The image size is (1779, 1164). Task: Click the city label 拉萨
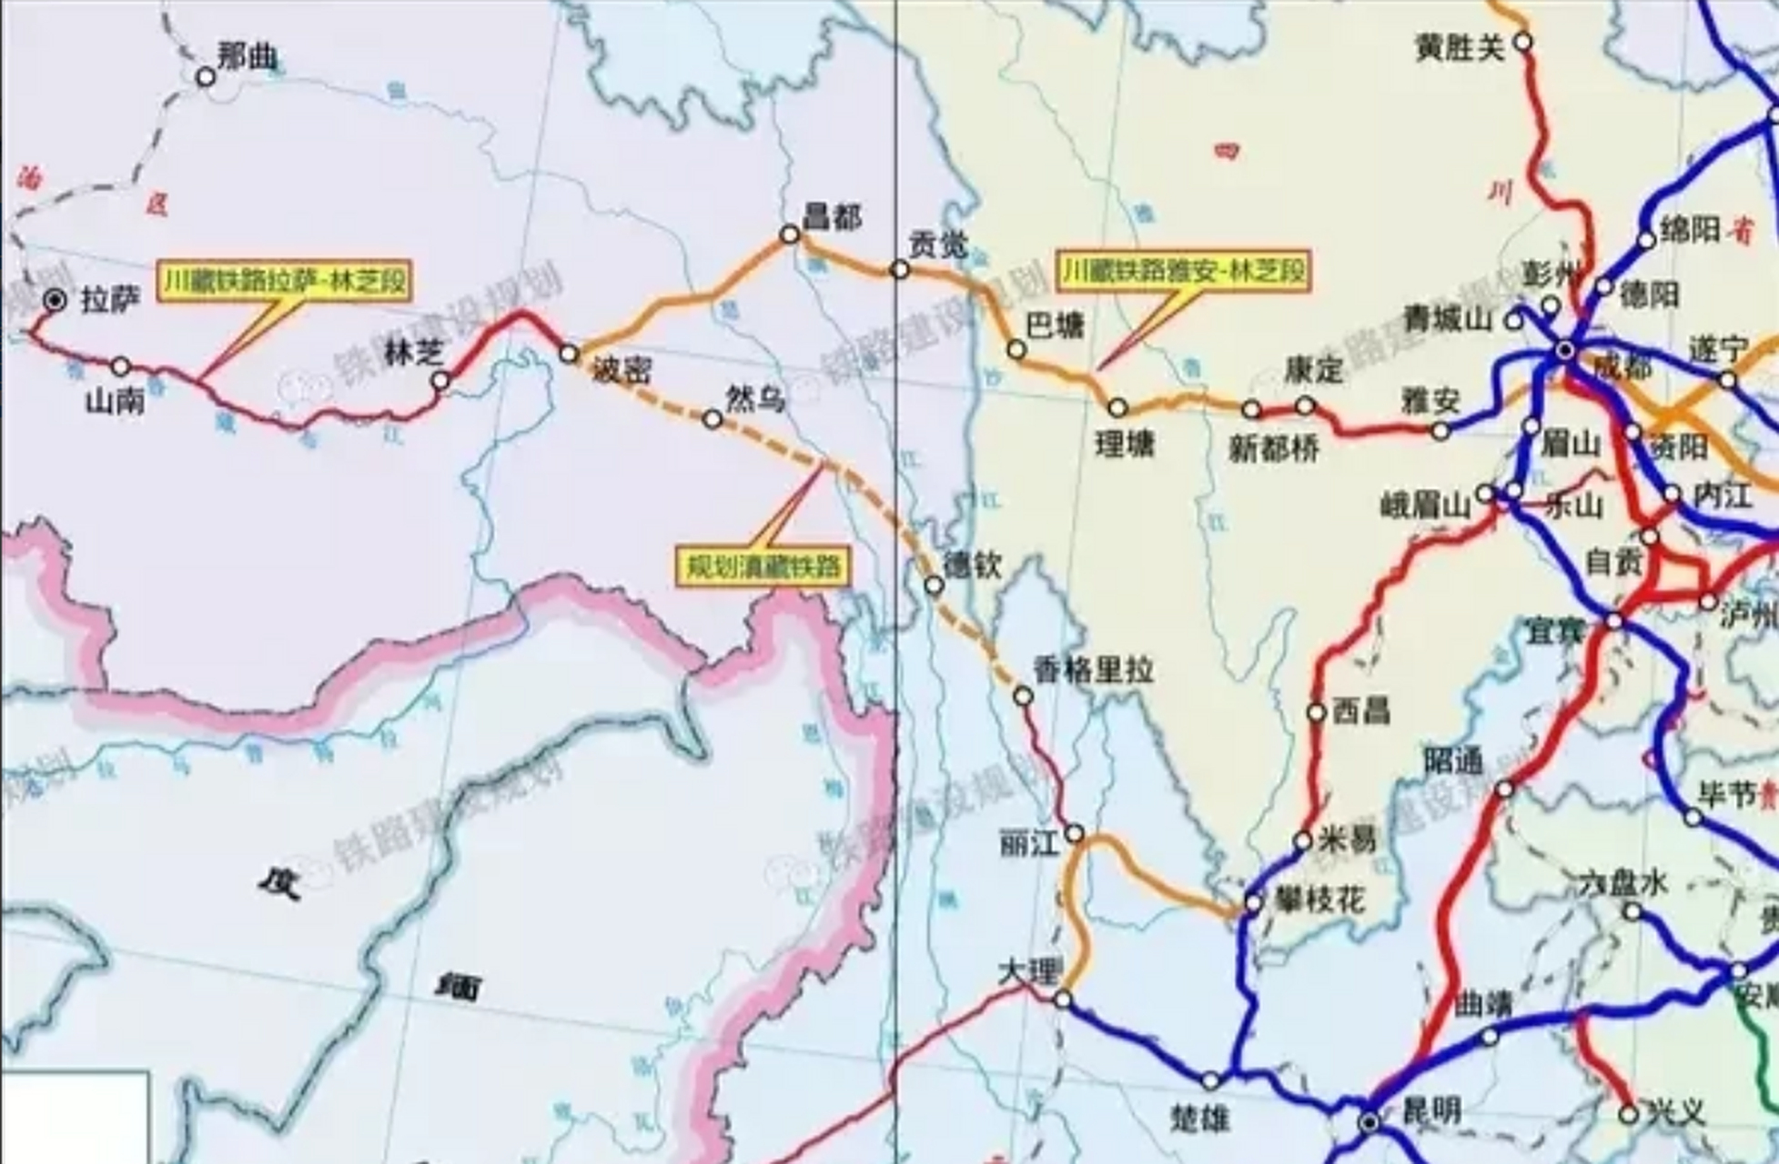(x=111, y=299)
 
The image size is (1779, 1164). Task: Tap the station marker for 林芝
(x=440, y=380)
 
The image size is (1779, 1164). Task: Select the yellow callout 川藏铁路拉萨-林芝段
(x=284, y=282)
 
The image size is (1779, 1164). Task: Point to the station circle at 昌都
(x=789, y=235)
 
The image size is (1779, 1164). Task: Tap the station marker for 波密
(x=569, y=353)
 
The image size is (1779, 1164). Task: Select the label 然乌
(x=754, y=397)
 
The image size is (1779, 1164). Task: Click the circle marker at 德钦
(x=934, y=585)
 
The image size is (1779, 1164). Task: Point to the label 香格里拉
(x=1092, y=671)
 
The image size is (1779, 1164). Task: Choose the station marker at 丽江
(x=1075, y=834)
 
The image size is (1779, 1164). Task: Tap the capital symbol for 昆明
(x=1370, y=1123)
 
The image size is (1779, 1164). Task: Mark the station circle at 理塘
(x=1117, y=407)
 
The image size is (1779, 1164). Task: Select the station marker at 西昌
(x=1316, y=712)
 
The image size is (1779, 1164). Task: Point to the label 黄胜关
(x=1460, y=47)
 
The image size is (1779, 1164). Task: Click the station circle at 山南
(x=121, y=366)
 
